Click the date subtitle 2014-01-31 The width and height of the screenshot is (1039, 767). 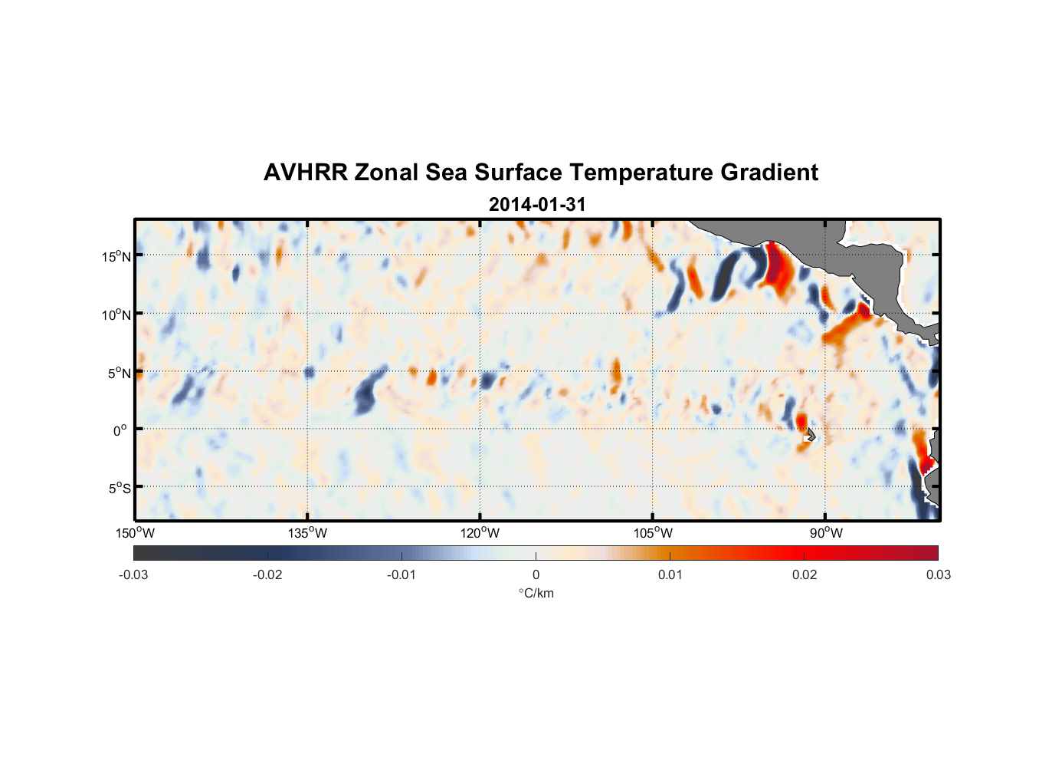point(537,205)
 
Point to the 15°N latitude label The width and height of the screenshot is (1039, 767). point(116,257)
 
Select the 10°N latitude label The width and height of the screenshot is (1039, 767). point(116,315)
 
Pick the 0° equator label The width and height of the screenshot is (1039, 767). point(120,431)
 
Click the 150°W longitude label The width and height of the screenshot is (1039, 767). point(135,533)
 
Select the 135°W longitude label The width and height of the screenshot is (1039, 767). point(307,533)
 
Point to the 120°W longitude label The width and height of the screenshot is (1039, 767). point(480,533)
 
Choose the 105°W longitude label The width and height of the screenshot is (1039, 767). point(653,533)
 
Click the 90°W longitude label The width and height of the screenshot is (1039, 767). point(826,533)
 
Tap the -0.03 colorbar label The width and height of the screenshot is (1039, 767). point(133,574)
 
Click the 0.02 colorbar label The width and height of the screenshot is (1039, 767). point(805,574)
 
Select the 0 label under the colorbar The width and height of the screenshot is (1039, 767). point(536,574)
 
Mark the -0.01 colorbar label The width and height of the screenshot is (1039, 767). point(402,574)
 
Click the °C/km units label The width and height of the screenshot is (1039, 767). point(536,593)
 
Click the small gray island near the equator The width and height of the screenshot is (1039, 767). point(811,435)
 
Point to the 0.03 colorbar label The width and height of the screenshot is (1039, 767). point(938,574)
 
